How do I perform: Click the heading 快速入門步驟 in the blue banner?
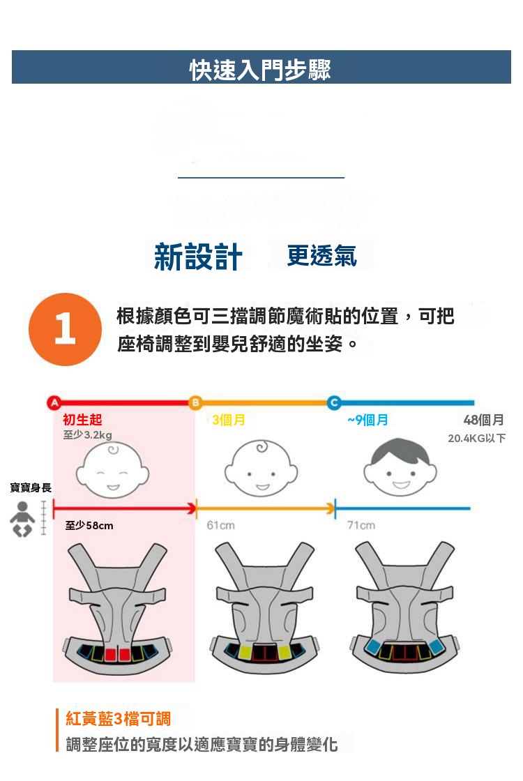point(260,69)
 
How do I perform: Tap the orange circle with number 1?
point(66,329)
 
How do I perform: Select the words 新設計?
point(198,257)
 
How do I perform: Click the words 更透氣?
point(321,256)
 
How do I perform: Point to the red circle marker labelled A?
point(54,402)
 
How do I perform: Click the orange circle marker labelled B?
point(195,402)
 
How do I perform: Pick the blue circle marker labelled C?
point(334,402)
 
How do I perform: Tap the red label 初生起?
point(83,420)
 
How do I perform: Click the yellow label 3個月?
point(229,420)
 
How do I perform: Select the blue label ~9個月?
point(368,420)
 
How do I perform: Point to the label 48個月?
point(484,420)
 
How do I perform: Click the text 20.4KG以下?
point(477,439)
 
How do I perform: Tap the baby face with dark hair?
point(400,467)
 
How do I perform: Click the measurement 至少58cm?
point(89,526)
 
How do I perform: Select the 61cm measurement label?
point(220,525)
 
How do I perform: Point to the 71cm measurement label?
point(361,525)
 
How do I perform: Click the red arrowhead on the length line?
point(192,508)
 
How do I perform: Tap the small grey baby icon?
point(22,519)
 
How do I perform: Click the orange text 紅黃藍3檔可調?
point(118,719)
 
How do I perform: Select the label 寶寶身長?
point(31,487)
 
